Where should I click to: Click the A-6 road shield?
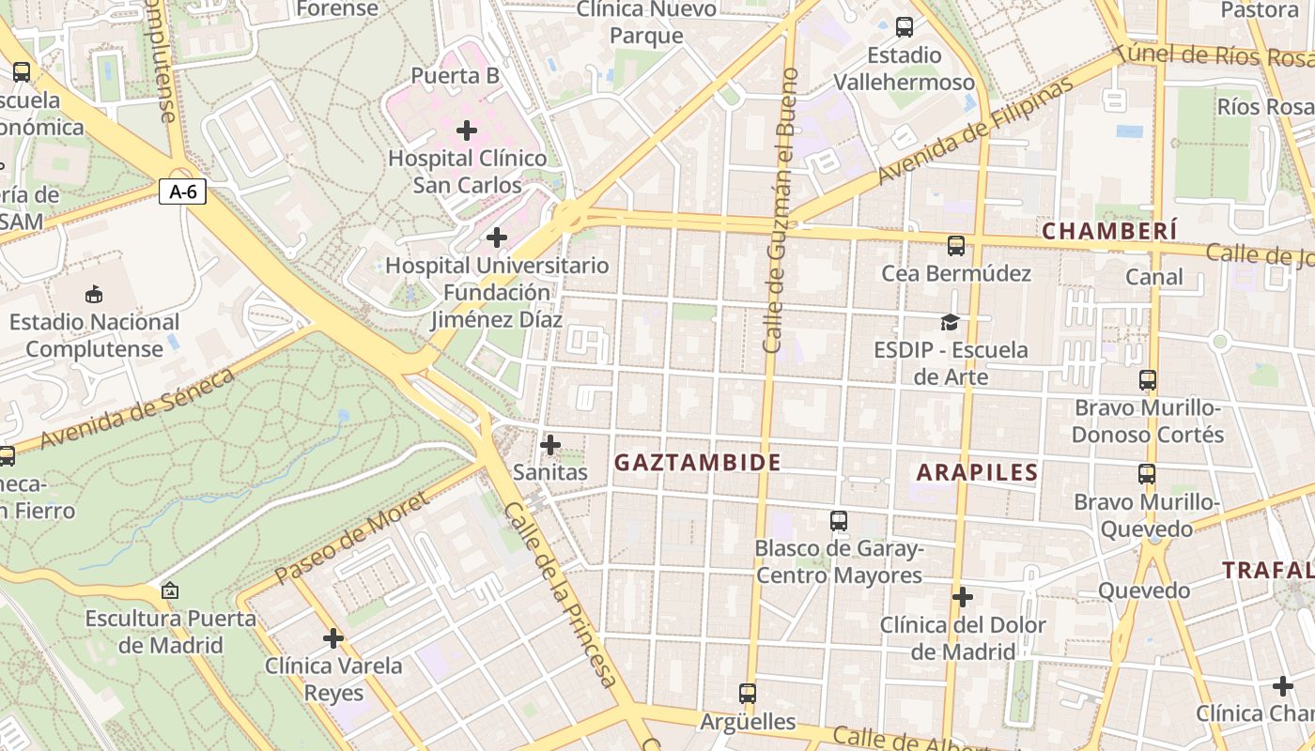[182, 192]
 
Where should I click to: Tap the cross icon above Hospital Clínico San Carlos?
[467, 130]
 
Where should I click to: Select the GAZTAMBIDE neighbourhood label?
[697, 462]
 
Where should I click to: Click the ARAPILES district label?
[977, 472]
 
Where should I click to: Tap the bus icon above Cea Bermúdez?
[956, 246]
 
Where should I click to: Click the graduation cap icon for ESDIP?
[951, 323]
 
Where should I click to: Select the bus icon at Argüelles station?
[748, 694]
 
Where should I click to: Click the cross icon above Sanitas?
[551, 445]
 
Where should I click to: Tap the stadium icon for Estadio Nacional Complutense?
[94, 295]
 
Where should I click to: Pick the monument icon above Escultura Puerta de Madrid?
[170, 590]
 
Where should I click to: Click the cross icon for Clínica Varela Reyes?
[333, 638]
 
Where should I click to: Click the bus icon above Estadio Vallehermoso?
[905, 27]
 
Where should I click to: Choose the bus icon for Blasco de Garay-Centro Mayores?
[839, 520]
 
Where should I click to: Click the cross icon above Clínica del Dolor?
[963, 597]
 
